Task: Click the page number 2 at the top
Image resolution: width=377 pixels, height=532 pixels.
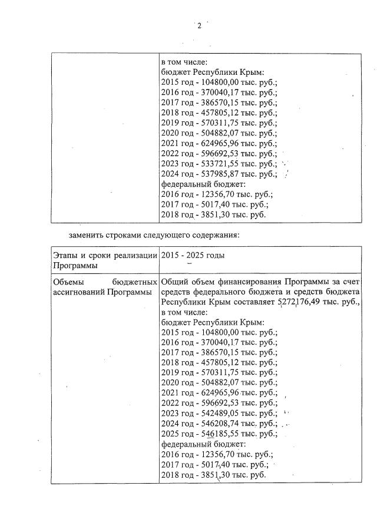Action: (199, 25)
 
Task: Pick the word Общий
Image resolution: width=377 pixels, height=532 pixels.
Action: (173, 282)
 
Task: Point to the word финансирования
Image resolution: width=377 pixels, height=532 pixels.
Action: (237, 282)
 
